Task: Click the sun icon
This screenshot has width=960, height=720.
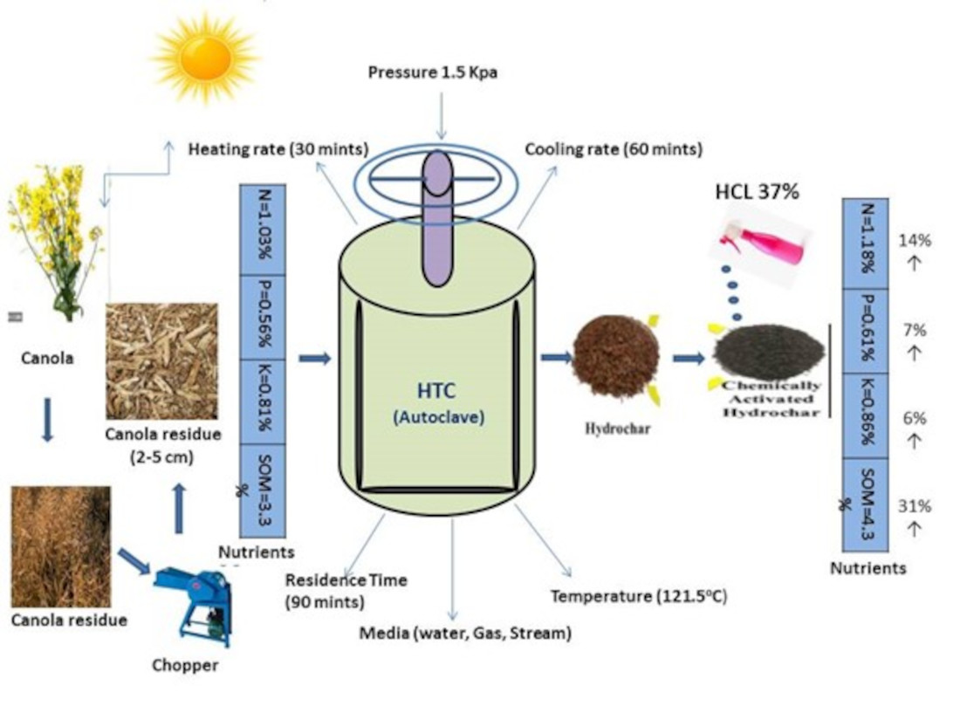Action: coord(206,58)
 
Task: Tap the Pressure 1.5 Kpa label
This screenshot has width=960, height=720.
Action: coord(432,72)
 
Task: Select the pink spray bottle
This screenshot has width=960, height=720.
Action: coord(764,244)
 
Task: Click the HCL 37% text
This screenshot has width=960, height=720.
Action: coord(755,191)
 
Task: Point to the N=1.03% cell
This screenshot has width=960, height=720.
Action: coord(264,227)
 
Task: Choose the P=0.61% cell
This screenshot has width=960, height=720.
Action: coord(865,331)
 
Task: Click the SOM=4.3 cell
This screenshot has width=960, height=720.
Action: coord(865,505)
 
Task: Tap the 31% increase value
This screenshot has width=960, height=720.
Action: coord(915,506)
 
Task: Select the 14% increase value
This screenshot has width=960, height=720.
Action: coord(915,241)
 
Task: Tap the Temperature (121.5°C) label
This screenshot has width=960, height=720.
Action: coord(639,597)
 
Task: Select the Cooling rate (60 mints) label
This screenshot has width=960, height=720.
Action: coord(614,149)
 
